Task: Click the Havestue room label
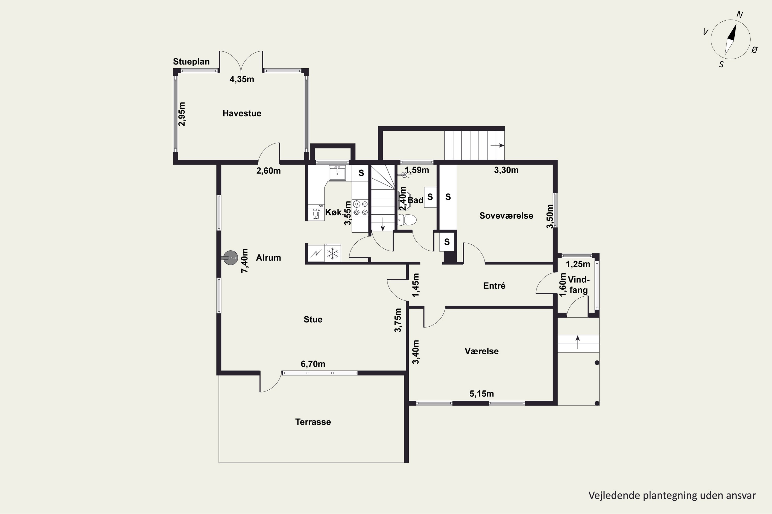[x=242, y=113]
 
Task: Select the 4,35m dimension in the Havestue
[x=242, y=79]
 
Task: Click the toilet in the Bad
[x=407, y=220]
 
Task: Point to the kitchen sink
[x=337, y=173]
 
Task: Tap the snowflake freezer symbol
[x=332, y=254]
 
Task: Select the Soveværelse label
[x=506, y=216]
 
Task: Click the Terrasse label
[x=313, y=422]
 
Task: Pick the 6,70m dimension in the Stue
[x=313, y=364]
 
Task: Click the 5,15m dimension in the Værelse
[x=481, y=394]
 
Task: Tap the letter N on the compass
[x=740, y=14]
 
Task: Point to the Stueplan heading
[x=191, y=62]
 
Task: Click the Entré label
[x=494, y=286]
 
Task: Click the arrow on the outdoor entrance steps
[x=578, y=342]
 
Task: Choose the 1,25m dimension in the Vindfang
[x=578, y=264]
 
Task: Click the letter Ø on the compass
[x=755, y=50]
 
